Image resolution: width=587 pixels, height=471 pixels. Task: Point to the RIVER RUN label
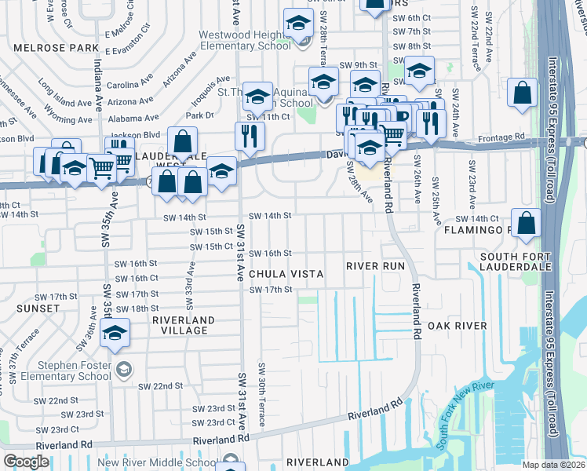click(x=376, y=267)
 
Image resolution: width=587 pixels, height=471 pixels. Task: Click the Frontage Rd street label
click(x=503, y=137)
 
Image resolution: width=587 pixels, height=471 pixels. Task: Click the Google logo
click(x=26, y=462)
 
